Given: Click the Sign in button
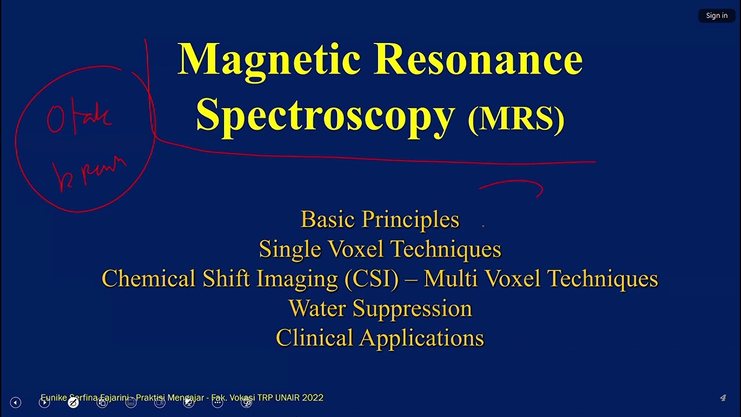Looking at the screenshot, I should click(717, 16).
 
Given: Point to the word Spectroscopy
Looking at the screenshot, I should click(325, 115).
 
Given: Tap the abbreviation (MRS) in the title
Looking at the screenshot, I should click(516, 119).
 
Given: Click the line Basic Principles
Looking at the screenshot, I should click(380, 220).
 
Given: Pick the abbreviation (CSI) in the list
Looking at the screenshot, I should click(371, 279).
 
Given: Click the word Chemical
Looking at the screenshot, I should click(149, 279).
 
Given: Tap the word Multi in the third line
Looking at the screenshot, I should click(451, 279).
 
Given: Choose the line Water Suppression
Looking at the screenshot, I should click(380, 309).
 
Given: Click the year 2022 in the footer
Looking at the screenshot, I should click(313, 398).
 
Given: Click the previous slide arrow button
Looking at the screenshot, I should click(16, 403).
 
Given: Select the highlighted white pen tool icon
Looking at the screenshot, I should click(73, 403).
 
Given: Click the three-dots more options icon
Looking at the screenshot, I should click(218, 403).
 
